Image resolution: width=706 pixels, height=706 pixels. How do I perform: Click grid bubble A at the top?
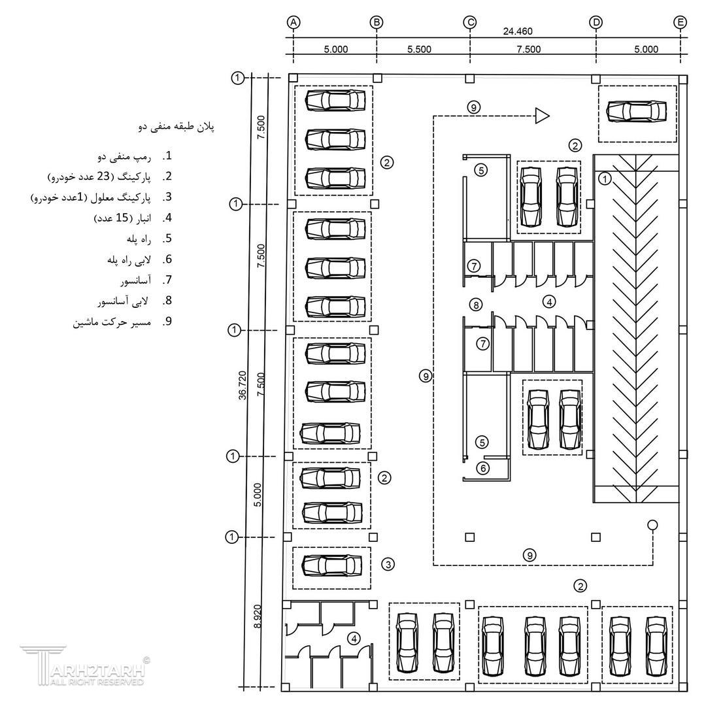294,22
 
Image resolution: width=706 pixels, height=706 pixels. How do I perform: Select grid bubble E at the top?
681,22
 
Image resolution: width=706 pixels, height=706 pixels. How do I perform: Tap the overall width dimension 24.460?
517,31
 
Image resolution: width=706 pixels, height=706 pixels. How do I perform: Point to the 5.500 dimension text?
419,49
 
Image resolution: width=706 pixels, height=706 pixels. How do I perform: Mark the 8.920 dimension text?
258,616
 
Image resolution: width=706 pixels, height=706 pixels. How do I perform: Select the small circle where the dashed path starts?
652,525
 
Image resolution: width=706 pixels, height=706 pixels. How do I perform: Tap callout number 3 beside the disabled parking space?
388,563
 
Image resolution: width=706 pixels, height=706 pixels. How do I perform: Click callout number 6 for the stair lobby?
483,467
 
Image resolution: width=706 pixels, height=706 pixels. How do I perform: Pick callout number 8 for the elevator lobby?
476,304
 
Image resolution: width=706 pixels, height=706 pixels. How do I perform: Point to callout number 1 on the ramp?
605,177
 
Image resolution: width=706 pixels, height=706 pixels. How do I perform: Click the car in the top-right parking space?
637,111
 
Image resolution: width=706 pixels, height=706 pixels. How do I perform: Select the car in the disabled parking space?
331,564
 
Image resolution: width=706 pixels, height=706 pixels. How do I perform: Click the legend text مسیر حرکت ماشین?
112,322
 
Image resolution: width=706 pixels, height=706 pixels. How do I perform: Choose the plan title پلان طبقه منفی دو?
176,127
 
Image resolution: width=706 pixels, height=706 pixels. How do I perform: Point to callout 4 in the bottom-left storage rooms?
353,638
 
